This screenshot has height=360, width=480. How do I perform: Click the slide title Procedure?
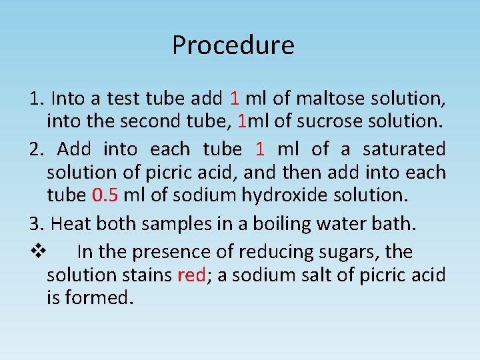[233, 45]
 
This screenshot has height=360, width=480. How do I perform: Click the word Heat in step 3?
[69, 223]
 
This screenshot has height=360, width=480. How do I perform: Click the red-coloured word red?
[191, 275]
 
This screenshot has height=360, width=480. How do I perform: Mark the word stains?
[146, 275]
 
